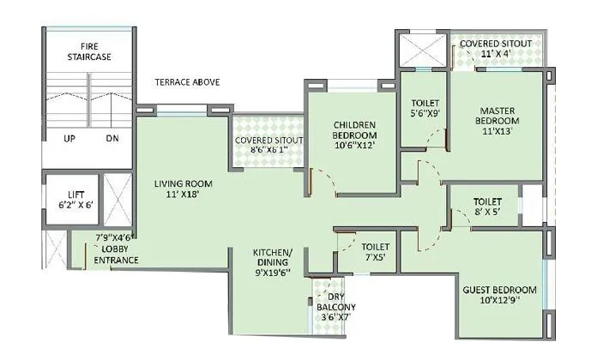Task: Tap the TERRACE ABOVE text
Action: (x=187, y=82)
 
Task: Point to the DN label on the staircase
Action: (x=112, y=138)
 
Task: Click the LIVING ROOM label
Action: (x=183, y=183)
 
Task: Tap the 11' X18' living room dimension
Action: (x=183, y=195)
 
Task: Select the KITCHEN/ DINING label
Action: (x=272, y=258)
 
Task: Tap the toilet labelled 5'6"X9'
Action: (x=425, y=105)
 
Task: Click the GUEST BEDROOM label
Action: (x=499, y=290)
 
